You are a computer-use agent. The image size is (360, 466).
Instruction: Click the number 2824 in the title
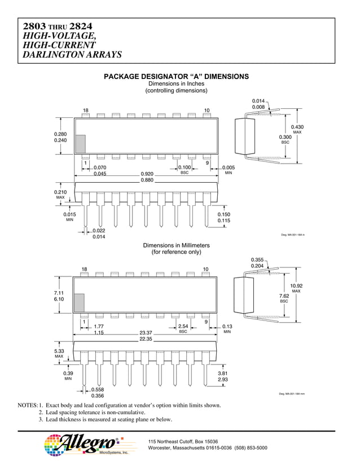point(81,26)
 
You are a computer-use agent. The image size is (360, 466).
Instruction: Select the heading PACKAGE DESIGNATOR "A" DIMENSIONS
point(177,76)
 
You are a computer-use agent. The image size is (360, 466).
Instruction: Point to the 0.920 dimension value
point(147,174)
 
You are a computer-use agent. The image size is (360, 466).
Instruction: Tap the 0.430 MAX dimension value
point(297,127)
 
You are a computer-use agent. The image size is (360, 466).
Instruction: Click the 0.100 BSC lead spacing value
point(185,168)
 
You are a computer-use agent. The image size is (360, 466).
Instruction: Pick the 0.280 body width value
point(60,134)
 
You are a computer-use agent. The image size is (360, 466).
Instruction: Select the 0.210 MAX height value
point(60,192)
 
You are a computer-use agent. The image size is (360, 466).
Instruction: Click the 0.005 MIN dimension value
point(228,168)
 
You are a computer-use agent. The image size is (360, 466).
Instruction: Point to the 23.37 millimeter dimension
point(146,333)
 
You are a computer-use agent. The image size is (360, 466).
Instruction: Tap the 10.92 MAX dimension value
point(296,286)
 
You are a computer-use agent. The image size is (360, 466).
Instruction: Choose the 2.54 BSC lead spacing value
point(183,327)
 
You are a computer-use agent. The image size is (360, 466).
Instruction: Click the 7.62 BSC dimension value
point(285,296)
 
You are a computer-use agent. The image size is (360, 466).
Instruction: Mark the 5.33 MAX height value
point(59,351)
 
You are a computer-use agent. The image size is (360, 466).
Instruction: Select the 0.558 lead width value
point(98,389)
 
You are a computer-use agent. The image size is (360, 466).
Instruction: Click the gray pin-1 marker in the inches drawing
point(80,143)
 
